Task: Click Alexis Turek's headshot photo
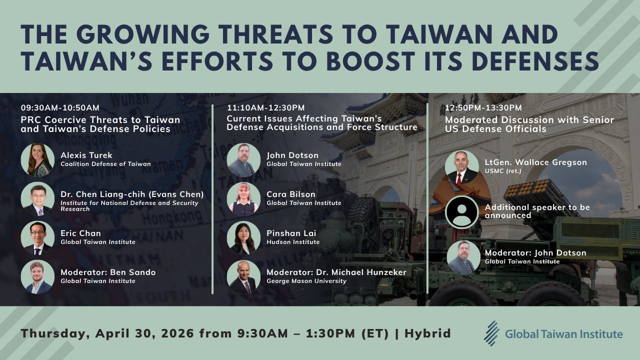(37, 160)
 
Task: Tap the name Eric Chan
(80, 233)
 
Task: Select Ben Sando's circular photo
(37, 276)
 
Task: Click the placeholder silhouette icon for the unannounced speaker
(461, 211)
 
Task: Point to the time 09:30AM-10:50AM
(60, 107)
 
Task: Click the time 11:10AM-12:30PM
(265, 107)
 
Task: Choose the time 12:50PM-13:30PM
(483, 107)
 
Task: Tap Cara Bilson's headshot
(243, 198)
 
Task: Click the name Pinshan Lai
(291, 233)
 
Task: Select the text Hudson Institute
(293, 242)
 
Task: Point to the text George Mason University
(306, 281)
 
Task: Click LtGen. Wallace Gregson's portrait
(461, 167)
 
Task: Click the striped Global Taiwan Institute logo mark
(491, 333)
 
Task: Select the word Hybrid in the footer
(427, 333)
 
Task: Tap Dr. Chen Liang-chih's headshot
(37, 198)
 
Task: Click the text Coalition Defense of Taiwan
(105, 164)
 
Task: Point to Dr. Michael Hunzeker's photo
(243, 276)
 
